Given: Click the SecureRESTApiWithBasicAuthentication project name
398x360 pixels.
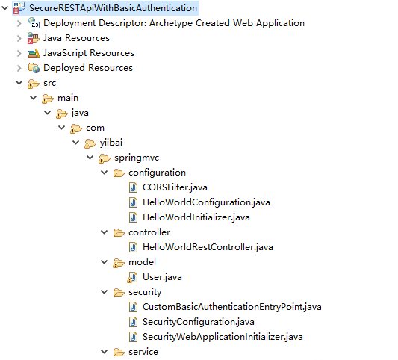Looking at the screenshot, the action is point(113,8).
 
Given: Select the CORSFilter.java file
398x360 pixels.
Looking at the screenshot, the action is point(175,187).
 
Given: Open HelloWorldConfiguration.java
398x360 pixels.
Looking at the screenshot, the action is point(206,202).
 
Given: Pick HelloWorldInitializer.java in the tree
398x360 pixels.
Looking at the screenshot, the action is point(196,217).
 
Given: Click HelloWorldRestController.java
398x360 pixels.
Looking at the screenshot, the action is point(208,247).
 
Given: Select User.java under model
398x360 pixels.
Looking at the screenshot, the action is point(162,277).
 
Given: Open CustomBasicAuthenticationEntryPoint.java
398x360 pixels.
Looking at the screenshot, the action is point(232,307).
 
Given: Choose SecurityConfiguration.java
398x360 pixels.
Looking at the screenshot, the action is point(199,322).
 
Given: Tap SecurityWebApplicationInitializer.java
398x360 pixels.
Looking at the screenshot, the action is point(223,337).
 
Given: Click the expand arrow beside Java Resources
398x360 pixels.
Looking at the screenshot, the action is point(19,38).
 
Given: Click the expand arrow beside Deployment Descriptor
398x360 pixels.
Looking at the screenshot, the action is point(19,23).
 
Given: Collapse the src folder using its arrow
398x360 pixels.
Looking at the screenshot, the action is point(19,83).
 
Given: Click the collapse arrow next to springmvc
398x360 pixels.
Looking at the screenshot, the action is point(90,158).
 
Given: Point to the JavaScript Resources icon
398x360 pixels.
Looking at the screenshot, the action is point(34,53).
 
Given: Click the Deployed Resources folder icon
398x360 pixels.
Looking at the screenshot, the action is point(34,68).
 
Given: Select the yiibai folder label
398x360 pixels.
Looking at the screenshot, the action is point(111,143).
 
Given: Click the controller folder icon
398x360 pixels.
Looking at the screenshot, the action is point(119,232).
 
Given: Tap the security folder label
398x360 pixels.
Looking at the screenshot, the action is point(145,292).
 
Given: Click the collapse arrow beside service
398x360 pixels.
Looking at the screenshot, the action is point(105,352).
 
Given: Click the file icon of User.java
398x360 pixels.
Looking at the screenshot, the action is point(133,278).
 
